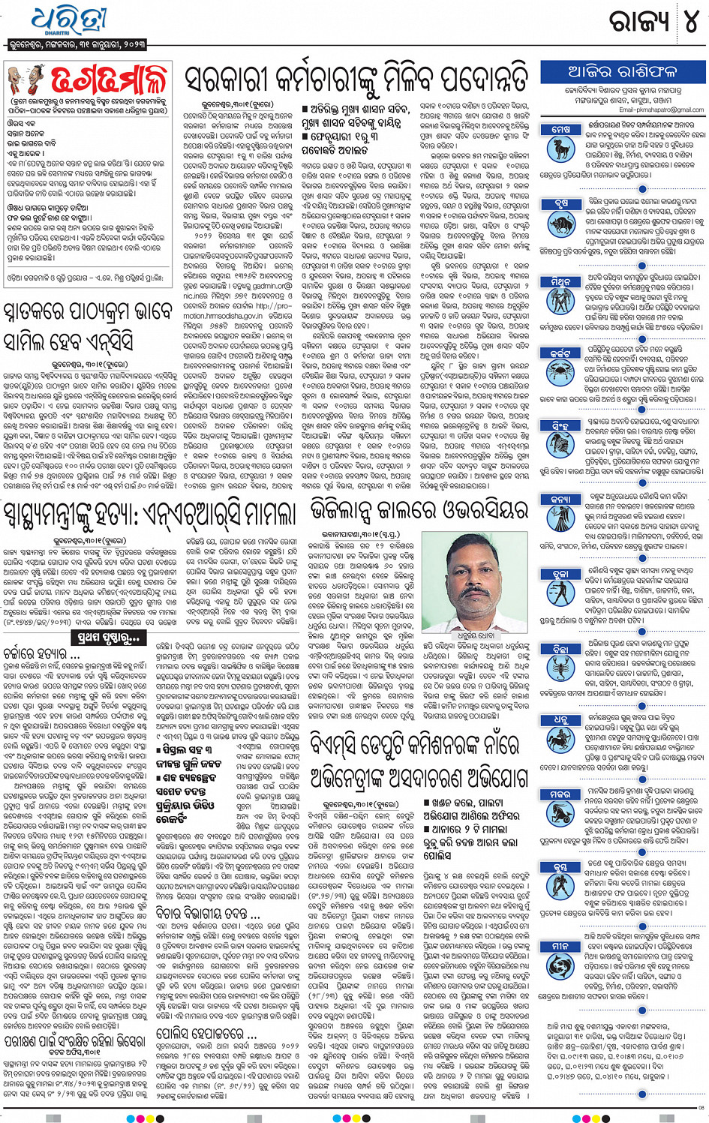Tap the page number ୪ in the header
[688, 21]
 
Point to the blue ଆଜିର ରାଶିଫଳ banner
[622, 72]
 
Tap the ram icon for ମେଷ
[560, 149]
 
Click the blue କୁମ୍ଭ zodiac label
[560, 866]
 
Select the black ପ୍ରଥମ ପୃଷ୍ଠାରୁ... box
[109, 638]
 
